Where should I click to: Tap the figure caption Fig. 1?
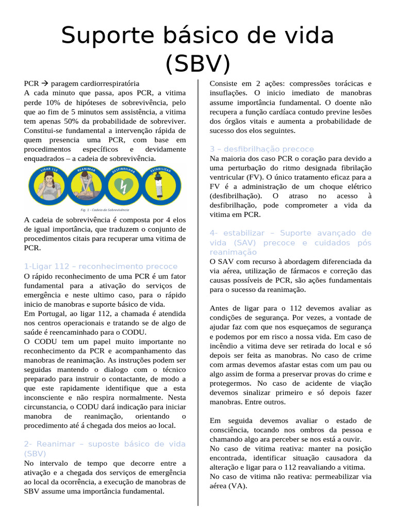click(105, 210)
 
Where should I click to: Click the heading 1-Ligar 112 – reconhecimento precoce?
click(101, 266)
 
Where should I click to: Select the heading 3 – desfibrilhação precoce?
click(261, 149)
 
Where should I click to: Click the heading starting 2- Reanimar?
click(105, 449)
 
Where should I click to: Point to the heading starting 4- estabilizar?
click(290, 242)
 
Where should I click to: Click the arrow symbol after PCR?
click(45, 84)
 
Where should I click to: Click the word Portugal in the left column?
click(53, 313)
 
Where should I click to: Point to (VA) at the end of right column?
click(237, 486)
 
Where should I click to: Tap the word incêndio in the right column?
click(224, 346)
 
